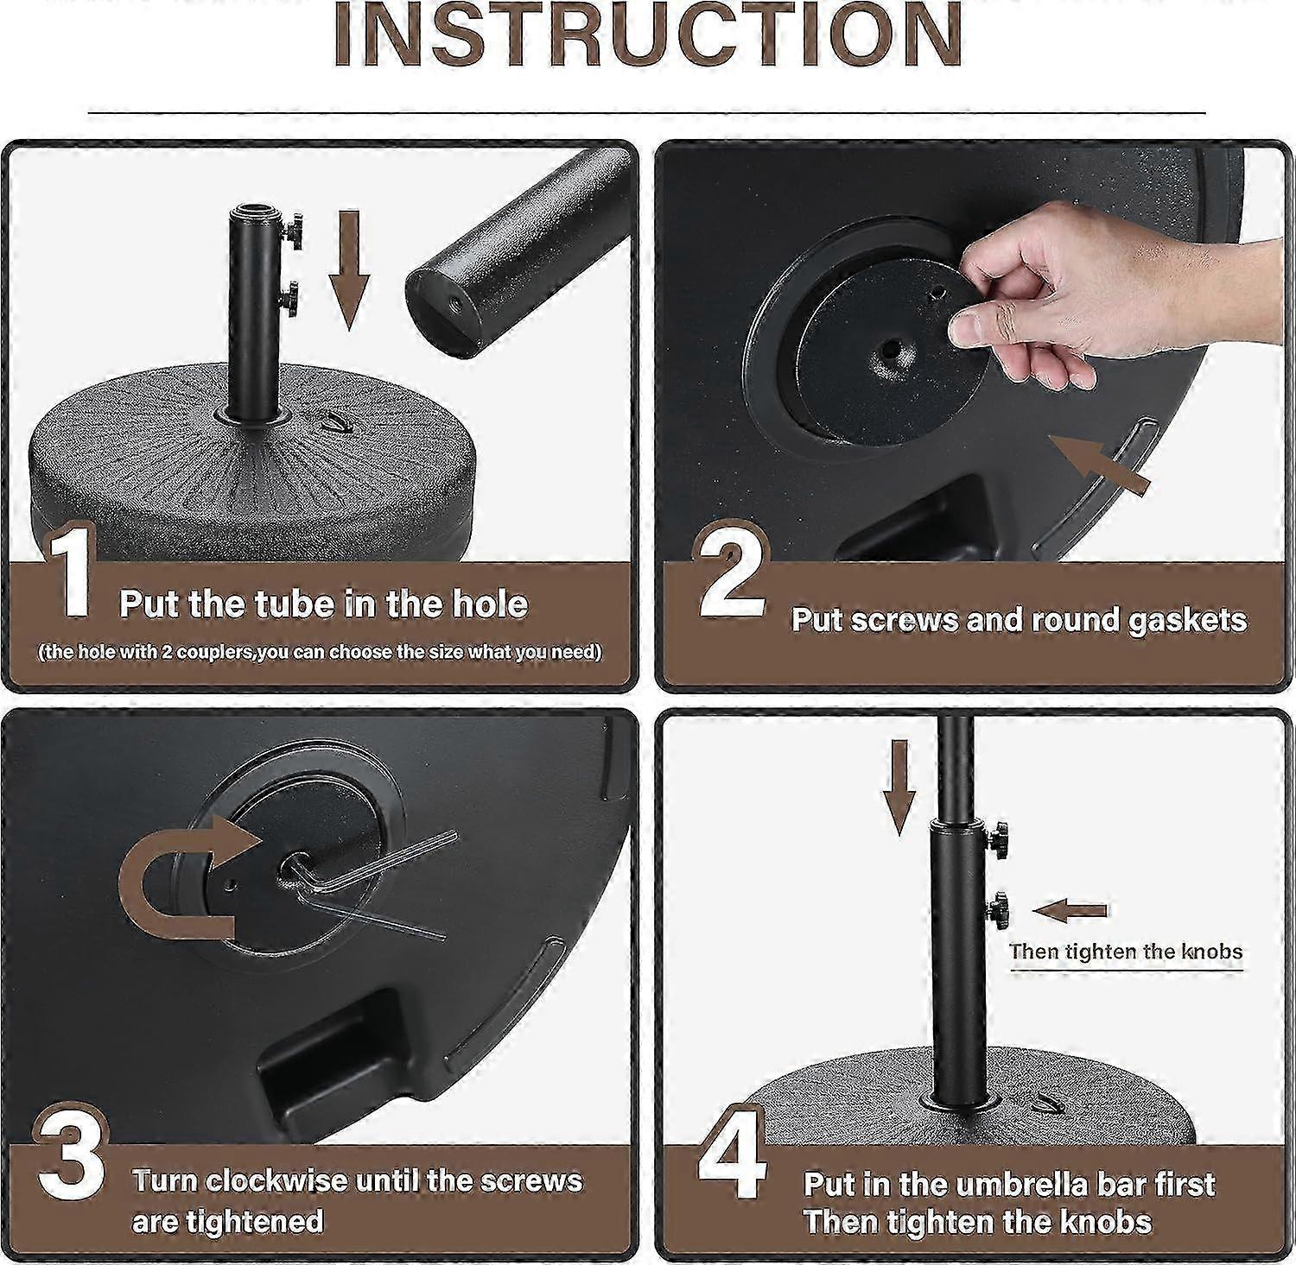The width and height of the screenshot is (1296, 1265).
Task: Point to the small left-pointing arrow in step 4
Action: coord(1070,910)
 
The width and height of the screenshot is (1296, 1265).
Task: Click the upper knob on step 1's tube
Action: coord(295,231)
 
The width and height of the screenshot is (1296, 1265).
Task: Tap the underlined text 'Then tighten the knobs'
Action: coord(1126,952)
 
